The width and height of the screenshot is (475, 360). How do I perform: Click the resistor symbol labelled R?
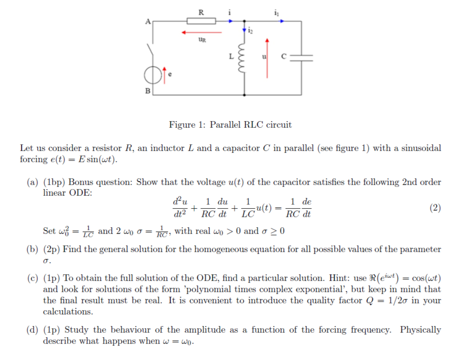[x=201, y=21]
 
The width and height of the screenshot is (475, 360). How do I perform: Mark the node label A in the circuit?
[x=148, y=21]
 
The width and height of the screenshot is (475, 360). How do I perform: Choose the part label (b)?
[x=32, y=249]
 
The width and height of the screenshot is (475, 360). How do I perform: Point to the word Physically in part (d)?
[x=420, y=330]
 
